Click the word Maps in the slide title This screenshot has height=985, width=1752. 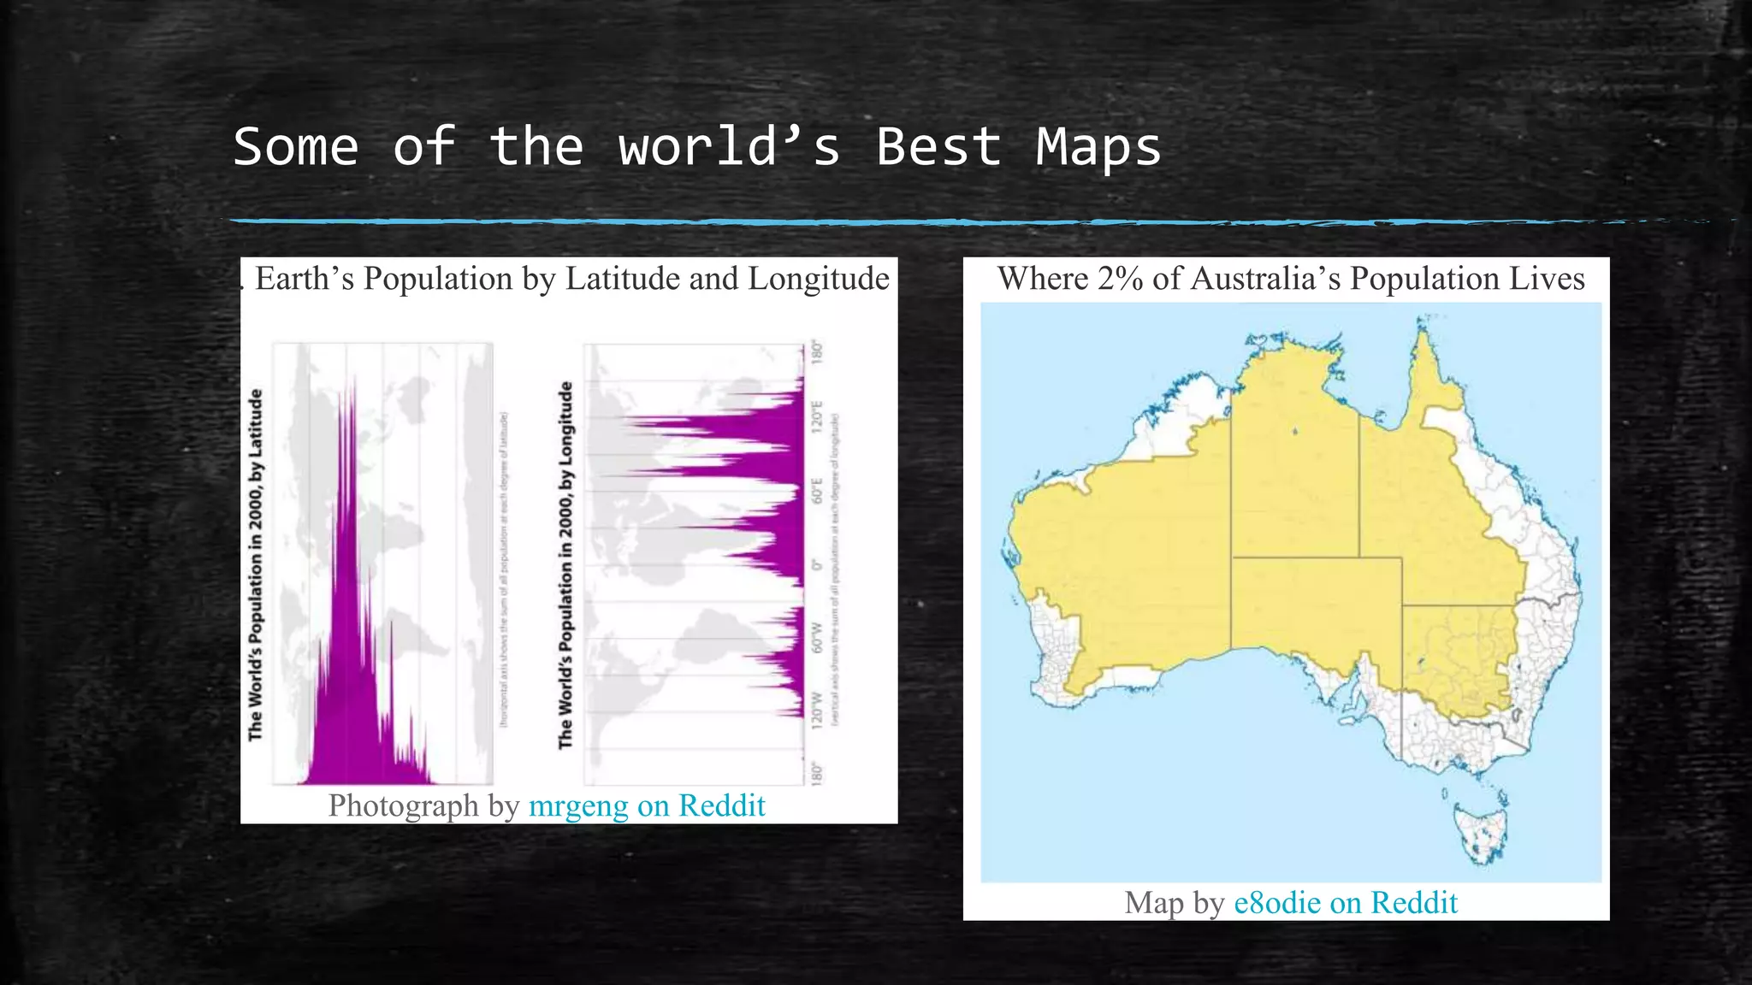(x=1098, y=147)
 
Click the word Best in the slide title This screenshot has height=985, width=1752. (x=938, y=147)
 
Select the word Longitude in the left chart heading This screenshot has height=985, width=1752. (x=819, y=280)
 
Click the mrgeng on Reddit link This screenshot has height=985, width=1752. (x=647, y=805)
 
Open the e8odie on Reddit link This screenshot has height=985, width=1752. (x=1346, y=903)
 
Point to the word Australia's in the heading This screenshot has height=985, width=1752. (x=1265, y=280)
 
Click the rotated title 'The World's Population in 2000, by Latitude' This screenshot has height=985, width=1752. (x=256, y=564)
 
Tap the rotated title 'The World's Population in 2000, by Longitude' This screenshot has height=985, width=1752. (x=565, y=564)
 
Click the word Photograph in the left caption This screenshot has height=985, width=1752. (x=403, y=805)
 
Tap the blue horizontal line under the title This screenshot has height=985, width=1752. (x=855, y=222)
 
